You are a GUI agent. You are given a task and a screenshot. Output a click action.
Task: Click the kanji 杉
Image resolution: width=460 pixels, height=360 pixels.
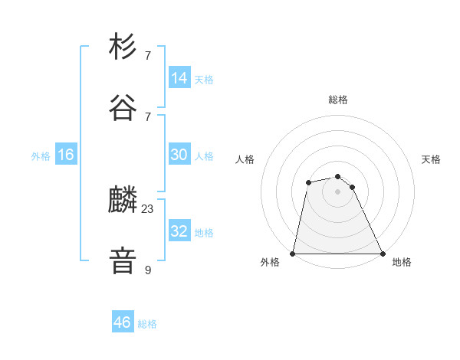click(x=123, y=47)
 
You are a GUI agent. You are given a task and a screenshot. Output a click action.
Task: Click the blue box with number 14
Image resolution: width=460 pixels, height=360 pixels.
click(x=179, y=77)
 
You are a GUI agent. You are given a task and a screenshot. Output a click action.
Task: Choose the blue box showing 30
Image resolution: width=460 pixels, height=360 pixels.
click(x=179, y=155)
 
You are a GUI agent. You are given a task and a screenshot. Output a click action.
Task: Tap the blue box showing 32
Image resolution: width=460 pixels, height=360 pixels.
click(x=179, y=231)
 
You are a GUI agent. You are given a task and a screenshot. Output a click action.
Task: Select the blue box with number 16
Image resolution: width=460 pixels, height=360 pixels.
click(x=66, y=155)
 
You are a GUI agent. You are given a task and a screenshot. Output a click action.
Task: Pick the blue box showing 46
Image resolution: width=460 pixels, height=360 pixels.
click(x=123, y=322)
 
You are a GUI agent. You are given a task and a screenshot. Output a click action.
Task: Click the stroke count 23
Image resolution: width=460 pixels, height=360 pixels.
click(x=148, y=209)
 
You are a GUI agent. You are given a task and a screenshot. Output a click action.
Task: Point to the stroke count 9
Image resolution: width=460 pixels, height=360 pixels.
click(x=148, y=269)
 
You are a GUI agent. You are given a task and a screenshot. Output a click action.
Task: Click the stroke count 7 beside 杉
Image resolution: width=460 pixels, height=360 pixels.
click(x=148, y=56)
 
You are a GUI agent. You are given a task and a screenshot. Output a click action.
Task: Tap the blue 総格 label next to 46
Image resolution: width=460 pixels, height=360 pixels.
click(x=147, y=324)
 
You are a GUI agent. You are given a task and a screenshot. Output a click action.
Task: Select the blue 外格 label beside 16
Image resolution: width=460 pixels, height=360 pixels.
click(x=41, y=156)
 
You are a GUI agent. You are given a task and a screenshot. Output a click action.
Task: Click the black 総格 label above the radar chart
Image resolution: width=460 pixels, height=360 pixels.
click(x=338, y=100)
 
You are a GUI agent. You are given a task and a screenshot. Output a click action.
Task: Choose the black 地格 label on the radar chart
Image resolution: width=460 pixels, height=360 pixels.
click(x=402, y=263)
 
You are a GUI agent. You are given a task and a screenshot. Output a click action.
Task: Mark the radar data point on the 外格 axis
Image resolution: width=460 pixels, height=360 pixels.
click(x=293, y=254)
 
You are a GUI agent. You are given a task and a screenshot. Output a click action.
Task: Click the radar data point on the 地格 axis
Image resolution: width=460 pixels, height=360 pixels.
click(x=383, y=254)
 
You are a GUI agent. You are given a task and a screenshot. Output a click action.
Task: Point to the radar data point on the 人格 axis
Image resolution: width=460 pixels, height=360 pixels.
click(x=308, y=182)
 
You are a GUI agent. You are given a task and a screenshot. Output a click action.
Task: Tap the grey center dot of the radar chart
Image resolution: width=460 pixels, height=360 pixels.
click(x=338, y=191)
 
